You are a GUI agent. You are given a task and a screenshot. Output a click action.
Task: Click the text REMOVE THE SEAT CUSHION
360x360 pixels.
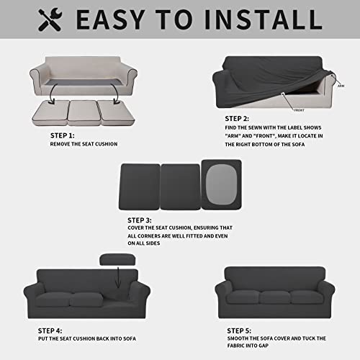[x=84, y=144]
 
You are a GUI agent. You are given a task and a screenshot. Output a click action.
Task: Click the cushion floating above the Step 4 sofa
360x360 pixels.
[x=115, y=261]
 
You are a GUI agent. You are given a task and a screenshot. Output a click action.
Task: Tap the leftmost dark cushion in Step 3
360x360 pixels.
[x=139, y=186]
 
